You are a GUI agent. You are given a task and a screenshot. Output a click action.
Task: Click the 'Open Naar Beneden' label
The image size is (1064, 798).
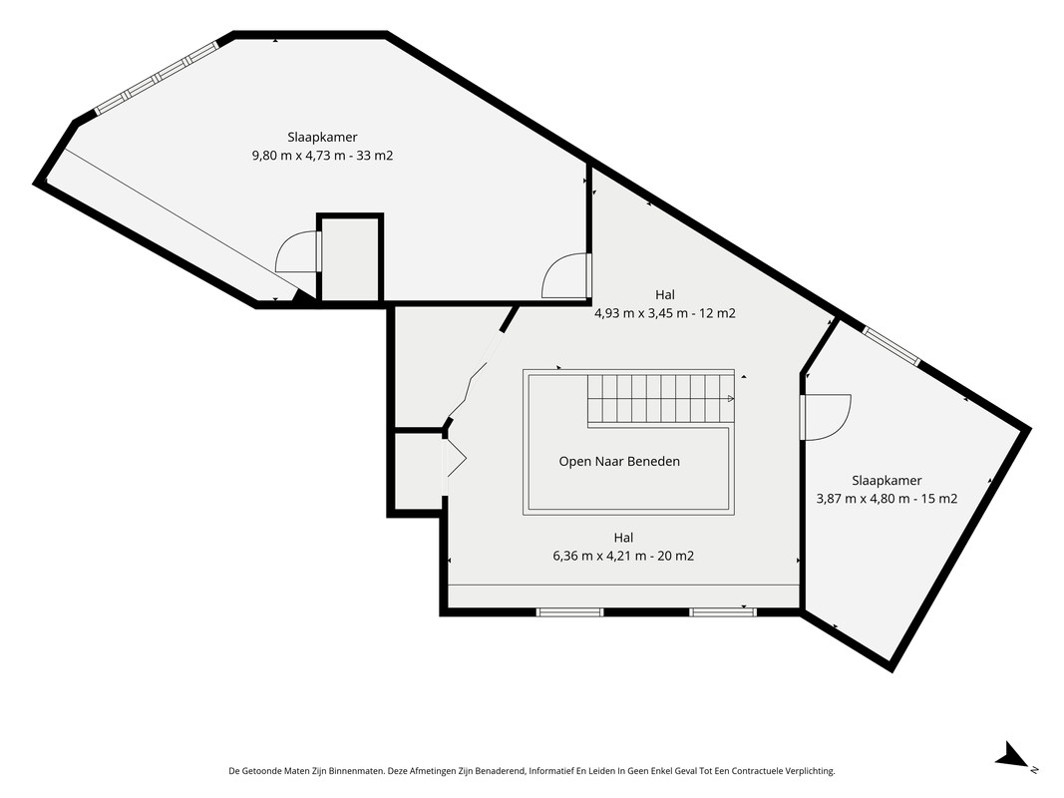619,462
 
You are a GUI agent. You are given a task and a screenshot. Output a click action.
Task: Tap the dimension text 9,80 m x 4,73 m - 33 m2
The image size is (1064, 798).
322,156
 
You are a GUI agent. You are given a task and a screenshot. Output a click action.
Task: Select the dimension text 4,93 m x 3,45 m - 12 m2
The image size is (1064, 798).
665,313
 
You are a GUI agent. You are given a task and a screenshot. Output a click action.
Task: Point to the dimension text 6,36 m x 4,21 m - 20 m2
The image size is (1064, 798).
623,556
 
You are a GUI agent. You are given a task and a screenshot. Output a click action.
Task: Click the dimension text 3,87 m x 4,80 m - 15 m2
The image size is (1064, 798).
887,499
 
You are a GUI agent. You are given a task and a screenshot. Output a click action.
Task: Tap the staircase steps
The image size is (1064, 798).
660,398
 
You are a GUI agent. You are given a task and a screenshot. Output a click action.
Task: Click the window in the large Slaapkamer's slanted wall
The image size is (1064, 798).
157,78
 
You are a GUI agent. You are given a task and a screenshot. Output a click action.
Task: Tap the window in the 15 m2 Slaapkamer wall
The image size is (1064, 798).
891,347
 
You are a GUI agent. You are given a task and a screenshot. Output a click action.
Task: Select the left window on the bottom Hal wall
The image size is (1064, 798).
570,612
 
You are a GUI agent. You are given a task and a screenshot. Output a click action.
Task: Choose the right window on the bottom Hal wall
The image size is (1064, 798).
723,612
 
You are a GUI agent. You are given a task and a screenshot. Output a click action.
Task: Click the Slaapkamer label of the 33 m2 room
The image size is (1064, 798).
322,137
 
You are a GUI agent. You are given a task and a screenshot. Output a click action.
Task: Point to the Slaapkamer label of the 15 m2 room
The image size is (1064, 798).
887,481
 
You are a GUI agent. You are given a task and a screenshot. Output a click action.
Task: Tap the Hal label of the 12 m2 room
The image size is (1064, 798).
665,294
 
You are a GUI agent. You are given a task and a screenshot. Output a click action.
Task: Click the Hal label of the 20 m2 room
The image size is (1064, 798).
623,538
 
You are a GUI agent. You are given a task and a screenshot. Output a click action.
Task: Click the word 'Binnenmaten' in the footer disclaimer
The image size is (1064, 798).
361,771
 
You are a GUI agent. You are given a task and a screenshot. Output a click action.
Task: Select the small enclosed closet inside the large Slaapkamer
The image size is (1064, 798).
350,258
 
